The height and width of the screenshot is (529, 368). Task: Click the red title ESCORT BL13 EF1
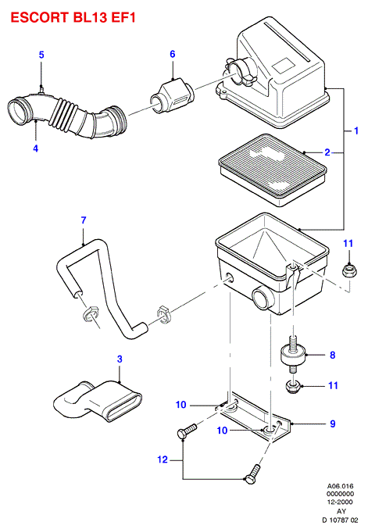(x=73, y=17)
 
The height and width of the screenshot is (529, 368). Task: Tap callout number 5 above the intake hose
(x=41, y=55)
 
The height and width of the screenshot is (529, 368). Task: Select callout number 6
(x=173, y=54)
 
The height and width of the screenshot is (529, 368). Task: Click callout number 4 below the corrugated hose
(x=36, y=148)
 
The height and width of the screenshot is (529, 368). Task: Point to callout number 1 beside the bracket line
(x=355, y=130)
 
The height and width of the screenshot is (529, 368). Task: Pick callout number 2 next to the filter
(x=327, y=152)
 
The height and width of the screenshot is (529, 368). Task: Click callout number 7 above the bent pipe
(x=84, y=220)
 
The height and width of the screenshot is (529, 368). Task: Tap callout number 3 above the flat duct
(x=120, y=359)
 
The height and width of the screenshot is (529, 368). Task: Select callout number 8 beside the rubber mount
(x=333, y=355)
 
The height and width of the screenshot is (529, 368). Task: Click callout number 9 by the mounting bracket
(x=333, y=424)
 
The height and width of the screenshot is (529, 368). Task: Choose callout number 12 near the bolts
(x=163, y=459)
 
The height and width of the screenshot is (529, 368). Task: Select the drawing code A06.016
(x=340, y=486)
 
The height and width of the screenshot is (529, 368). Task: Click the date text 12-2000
(x=340, y=502)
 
